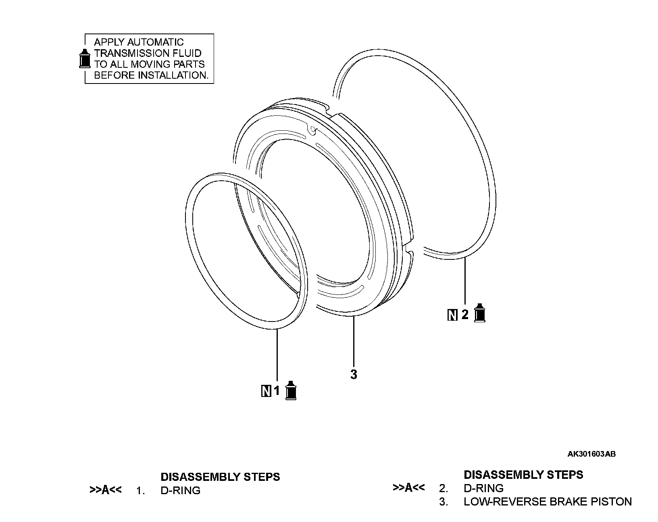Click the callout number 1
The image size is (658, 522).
click(x=277, y=390)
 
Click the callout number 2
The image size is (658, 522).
click(x=465, y=314)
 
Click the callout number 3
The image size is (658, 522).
click(x=354, y=374)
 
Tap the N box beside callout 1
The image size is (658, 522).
click(x=266, y=391)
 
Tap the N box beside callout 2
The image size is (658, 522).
click(x=452, y=315)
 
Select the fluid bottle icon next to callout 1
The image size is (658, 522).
click(x=291, y=390)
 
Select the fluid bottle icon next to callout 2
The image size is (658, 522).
click(x=479, y=313)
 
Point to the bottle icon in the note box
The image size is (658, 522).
click(x=85, y=58)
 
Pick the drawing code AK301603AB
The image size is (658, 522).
click(x=591, y=454)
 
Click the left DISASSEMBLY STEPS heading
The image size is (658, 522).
click(x=220, y=477)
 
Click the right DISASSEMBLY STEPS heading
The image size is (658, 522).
click(x=523, y=474)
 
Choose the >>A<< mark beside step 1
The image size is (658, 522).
click(x=105, y=490)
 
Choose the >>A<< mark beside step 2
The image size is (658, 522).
click(x=408, y=488)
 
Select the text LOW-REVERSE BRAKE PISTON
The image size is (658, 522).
click(x=548, y=502)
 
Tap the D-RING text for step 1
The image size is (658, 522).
click(x=180, y=491)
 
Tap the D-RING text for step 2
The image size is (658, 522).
click(x=483, y=488)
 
